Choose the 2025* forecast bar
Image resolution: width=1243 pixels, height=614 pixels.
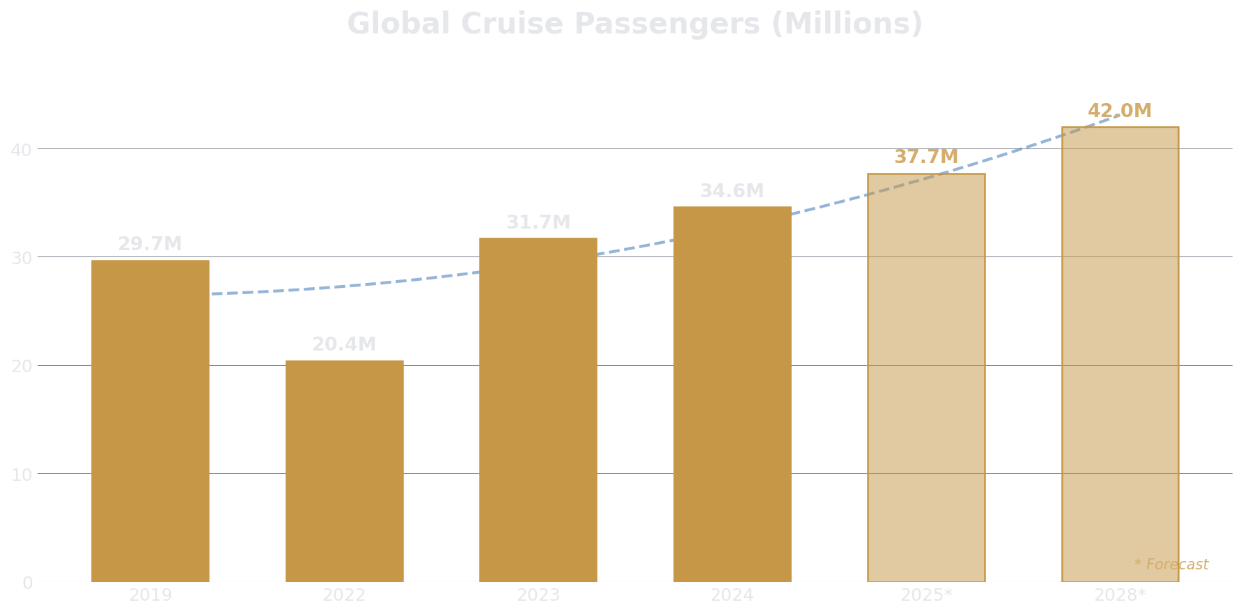pyautogui.click(x=926, y=377)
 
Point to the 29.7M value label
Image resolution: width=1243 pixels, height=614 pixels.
pyautogui.click(x=150, y=245)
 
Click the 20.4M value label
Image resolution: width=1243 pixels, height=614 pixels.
pyautogui.click(x=344, y=345)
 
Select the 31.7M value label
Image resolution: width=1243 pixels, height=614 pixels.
pyautogui.click(x=538, y=223)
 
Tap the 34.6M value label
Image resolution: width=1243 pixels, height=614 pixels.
pyautogui.click(x=732, y=192)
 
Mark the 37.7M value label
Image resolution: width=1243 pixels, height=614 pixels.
pyautogui.click(x=926, y=158)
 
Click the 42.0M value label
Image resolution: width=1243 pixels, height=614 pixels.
pyautogui.click(x=1120, y=112)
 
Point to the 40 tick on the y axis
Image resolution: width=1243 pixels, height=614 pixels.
pyautogui.click(x=21, y=150)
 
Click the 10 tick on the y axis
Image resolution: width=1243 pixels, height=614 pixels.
pyautogui.click(x=21, y=475)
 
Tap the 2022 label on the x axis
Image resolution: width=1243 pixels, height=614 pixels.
pyautogui.click(x=344, y=596)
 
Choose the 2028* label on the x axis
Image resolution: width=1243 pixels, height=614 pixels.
pyautogui.click(x=1120, y=596)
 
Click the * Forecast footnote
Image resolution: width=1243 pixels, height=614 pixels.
pyautogui.click(x=1171, y=565)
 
